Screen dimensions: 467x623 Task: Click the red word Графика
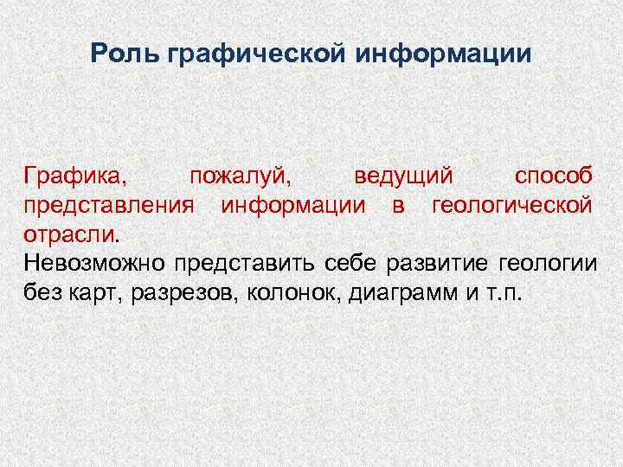pos(75,176)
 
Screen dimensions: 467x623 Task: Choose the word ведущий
pos(403,176)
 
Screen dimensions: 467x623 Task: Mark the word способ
pos(554,176)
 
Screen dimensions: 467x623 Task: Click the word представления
pos(111,206)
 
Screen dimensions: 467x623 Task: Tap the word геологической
pos(512,206)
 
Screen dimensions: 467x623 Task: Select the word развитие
pos(427,263)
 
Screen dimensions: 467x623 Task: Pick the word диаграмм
pos(403,292)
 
